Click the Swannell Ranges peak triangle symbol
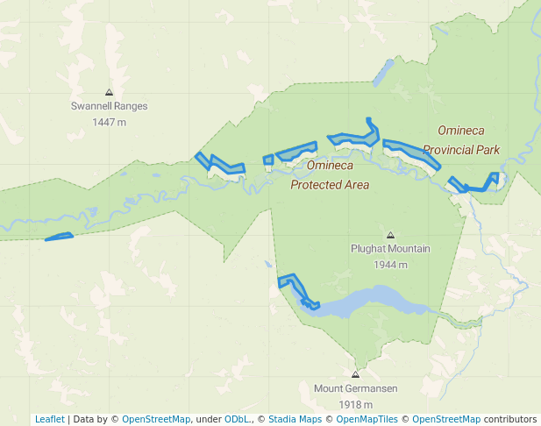click(x=109, y=92)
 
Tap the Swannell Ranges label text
click(x=109, y=106)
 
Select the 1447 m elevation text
click(x=109, y=122)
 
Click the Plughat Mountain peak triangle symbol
click(x=390, y=235)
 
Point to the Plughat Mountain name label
click(x=390, y=249)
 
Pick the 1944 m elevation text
click(x=390, y=264)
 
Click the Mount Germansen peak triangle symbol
click(x=355, y=374)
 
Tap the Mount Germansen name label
click(x=355, y=389)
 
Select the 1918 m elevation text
click(x=355, y=404)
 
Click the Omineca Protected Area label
click(x=330, y=175)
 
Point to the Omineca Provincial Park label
click(x=461, y=140)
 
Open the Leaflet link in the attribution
click(x=50, y=419)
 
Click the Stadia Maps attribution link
click(x=295, y=419)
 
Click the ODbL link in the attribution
click(x=237, y=419)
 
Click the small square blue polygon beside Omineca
click(x=268, y=160)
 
